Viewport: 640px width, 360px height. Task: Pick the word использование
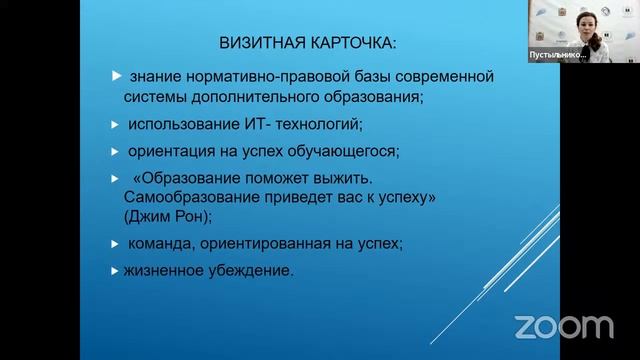coord(184,125)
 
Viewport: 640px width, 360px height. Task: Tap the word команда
coord(159,243)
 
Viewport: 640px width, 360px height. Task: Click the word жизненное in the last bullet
coord(164,270)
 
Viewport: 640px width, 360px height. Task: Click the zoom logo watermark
coord(563,326)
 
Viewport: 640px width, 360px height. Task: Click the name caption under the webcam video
coord(557,56)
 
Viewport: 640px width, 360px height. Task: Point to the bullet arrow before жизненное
coord(115,269)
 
